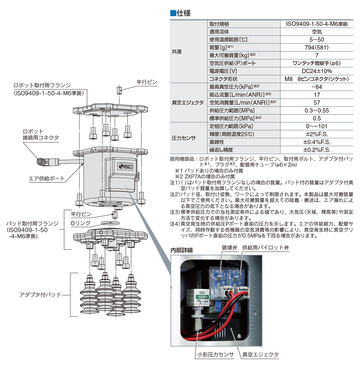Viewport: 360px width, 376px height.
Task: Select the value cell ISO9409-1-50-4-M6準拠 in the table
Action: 316,24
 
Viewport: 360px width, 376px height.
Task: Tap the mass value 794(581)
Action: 316,47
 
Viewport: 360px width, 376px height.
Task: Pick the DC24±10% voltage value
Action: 316,71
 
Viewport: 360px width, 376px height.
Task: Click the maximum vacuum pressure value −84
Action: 316,87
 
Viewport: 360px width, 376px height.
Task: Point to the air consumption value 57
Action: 316,103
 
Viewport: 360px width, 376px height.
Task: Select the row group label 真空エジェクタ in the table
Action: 188,103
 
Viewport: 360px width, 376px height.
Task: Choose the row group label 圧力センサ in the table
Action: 183,138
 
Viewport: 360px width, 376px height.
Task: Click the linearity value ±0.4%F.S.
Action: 316,142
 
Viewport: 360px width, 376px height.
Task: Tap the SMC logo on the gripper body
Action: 126,166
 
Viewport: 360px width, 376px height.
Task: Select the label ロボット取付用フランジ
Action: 42,85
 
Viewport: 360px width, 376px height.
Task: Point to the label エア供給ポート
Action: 46,179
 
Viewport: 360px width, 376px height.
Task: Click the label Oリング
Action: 81,223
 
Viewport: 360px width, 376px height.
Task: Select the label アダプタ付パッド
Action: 40,295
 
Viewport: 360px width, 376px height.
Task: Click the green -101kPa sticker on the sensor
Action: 202,297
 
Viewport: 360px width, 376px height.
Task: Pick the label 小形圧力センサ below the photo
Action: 215,354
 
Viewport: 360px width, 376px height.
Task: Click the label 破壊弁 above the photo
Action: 229,248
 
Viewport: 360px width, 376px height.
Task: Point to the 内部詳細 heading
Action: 182,250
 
